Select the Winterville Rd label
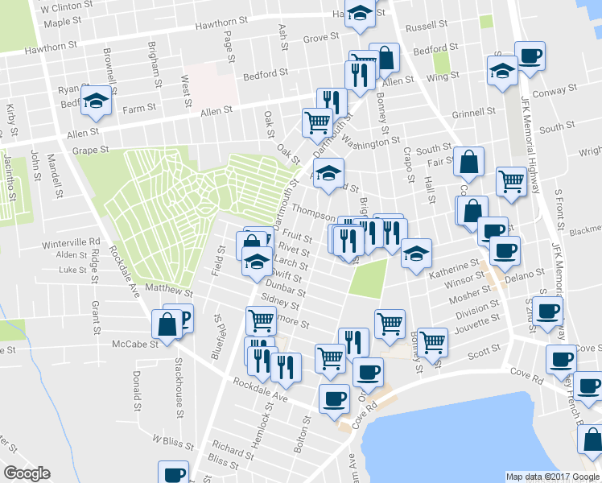71,242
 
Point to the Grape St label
89,150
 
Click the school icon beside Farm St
97,100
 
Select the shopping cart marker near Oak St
317,122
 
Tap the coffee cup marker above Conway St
530,56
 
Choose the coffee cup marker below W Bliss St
173,473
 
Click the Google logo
27,473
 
